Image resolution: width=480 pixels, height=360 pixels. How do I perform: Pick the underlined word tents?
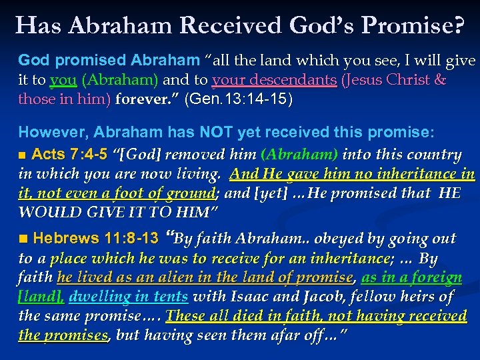(x=171, y=297)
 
